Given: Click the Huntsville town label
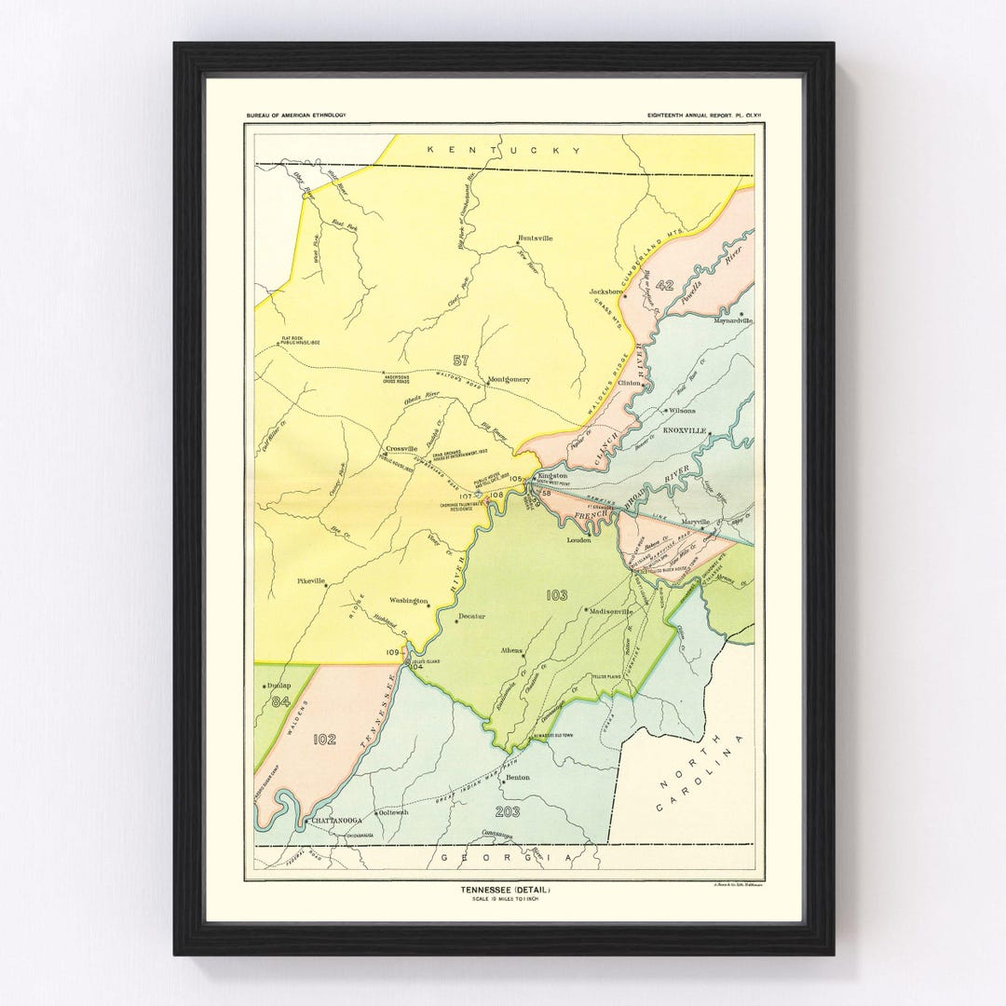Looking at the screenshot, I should pyautogui.click(x=536, y=238).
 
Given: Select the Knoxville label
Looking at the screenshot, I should pyautogui.click(x=686, y=431).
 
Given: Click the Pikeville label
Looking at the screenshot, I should pyautogui.click(x=311, y=580).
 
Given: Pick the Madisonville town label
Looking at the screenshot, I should pyautogui.click(x=611, y=611).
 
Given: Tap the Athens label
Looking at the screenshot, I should pyautogui.click(x=512, y=650).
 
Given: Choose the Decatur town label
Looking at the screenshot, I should pyautogui.click(x=471, y=618).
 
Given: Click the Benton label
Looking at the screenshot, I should pyautogui.click(x=517, y=776).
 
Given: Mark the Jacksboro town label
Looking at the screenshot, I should pyautogui.click(x=605, y=292).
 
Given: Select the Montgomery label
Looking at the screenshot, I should pyautogui.click(x=510, y=379).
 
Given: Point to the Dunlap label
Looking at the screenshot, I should pyautogui.click(x=279, y=687).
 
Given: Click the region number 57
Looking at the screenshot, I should pyautogui.click(x=460, y=360).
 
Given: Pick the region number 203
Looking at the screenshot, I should pyautogui.click(x=510, y=811).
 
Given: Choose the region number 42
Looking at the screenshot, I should pyautogui.click(x=664, y=285).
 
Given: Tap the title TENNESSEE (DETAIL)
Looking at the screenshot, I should pyautogui.click(x=505, y=889).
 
